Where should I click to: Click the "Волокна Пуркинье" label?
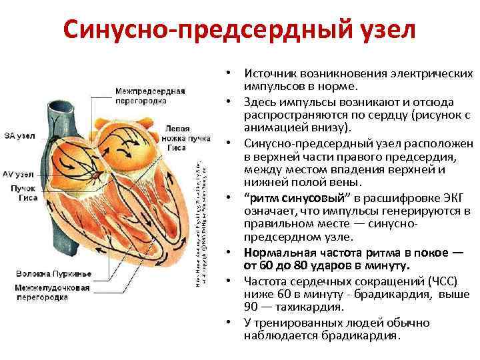[45, 273]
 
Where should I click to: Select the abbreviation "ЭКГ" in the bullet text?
[454, 199]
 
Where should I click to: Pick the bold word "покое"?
[425, 252]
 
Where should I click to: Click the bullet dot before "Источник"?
[228, 71]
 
